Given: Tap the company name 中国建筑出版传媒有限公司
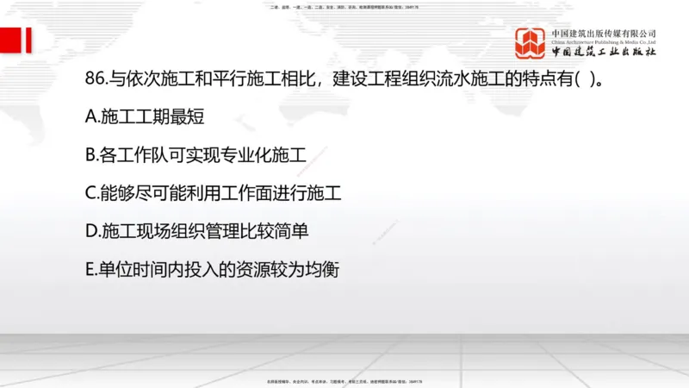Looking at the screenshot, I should coord(604,33).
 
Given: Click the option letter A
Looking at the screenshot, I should coord(91,118).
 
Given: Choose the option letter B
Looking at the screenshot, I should coord(91,156).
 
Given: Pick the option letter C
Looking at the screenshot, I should coord(91,194).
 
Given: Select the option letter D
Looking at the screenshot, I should coord(91,232).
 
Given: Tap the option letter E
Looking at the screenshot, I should coord(90,270).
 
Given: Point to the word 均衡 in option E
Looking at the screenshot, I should coord(323,270).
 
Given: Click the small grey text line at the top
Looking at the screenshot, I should coord(344,5).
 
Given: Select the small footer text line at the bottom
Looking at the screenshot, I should coord(344,380).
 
